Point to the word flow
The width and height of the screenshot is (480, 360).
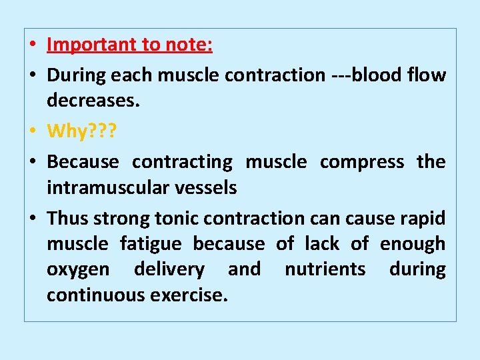[x=427, y=75]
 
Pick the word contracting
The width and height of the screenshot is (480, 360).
[x=182, y=162]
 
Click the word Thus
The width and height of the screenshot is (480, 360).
[x=67, y=218]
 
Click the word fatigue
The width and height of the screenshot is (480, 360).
[x=151, y=244]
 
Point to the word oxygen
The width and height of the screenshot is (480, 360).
[x=78, y=270]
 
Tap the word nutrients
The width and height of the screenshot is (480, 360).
[x=325, y=269]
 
